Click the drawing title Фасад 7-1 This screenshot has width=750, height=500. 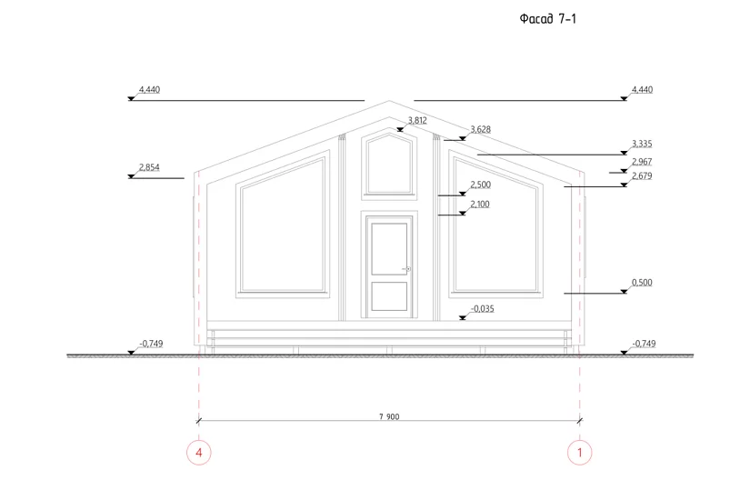(547, 19)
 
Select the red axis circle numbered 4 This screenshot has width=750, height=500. (199, 452)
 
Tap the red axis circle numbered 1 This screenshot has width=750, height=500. (580, 452)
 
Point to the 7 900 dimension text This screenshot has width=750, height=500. (389, 416)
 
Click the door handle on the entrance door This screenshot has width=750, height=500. (407, 269)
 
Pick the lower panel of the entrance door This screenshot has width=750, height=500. (389, 296)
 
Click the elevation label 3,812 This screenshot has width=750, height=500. (417, 120)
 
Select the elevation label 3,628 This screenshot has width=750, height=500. (480, 129)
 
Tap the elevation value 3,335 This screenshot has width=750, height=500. (642, 144)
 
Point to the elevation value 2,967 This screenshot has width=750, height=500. (642, 162)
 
